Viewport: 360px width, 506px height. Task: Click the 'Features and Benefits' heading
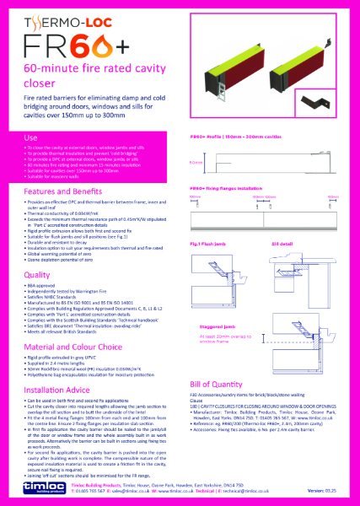click(x=63, y=193)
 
